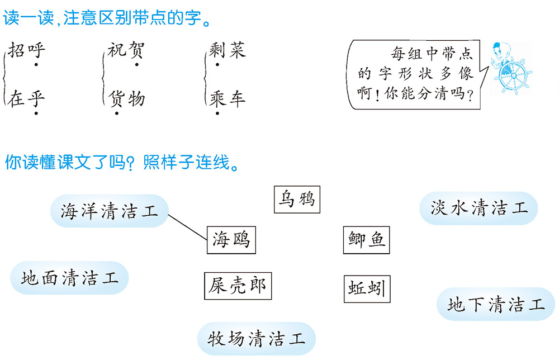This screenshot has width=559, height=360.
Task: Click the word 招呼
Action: (x=27, y=51)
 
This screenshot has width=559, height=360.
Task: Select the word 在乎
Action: (x=27, y=100)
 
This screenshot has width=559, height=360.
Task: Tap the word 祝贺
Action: (x=126, y=51)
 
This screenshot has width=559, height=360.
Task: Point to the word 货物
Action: (x=127, y=100)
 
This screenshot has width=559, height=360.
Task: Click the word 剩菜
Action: (x=228, y=51)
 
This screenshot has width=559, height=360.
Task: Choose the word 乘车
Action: (x=228, y=100)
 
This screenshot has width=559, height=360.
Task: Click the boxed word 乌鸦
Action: (x=297, y=200)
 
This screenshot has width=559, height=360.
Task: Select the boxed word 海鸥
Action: (x=230, y=241)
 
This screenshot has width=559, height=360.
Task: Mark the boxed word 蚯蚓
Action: (x=365, y=289)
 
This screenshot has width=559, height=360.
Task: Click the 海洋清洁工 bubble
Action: (x=109, y=211)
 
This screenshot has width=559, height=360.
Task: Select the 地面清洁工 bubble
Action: (x=70, y=278)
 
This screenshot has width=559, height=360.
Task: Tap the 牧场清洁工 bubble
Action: (x=257, y=338)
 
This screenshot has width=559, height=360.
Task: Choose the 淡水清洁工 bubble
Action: (x=479, y=209)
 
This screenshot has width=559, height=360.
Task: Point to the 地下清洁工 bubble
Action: (x=496, y=305)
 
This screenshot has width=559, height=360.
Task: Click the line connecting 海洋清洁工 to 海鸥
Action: (x=187, y=226)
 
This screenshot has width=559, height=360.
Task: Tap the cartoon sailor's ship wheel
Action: (x=513, y=74)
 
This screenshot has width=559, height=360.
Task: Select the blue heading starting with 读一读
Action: (x=106, y=20)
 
